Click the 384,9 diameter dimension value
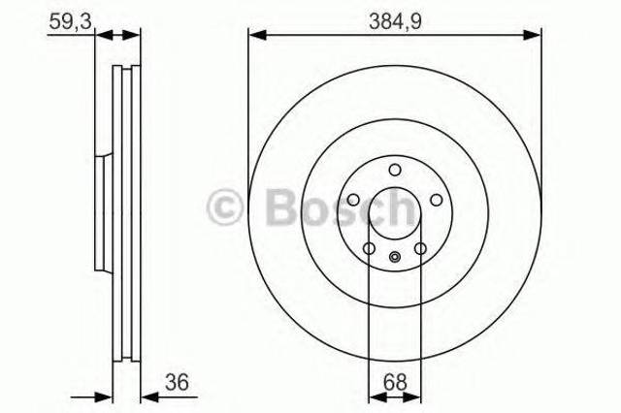[x=395, y=16]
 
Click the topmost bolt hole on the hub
[x=394, y=171]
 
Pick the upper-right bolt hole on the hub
[x=436, y=201]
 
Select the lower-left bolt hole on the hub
[x=369, y=249]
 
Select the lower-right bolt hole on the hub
[x=420, y=249]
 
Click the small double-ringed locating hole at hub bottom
[x=394, y=257]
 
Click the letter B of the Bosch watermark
[x=278, y=205]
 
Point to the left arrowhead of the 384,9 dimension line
[x=255, y=35]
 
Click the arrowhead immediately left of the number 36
[x=147, y=396]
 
